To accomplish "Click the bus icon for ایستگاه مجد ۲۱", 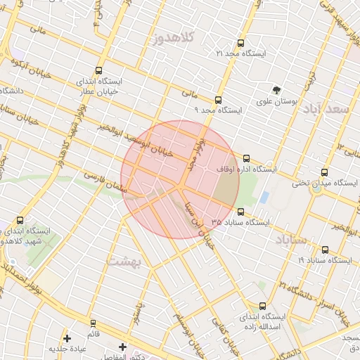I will [x=242, y=43].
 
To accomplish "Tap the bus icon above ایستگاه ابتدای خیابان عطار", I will [x=98, y=70].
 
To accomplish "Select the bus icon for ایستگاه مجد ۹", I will [x=218, y=100].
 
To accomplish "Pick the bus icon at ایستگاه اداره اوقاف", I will [x=246, y=159].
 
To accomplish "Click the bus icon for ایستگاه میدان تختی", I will [x=324, y=172].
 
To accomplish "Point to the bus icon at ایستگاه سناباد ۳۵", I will [x=241, y=211].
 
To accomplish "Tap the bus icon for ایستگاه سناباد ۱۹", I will [x=324, y=250].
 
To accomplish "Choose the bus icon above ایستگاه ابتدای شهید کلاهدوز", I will [x=20, y=221].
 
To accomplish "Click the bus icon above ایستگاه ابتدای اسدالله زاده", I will [x=263, y=306].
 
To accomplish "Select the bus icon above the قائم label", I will [x=94, y=323].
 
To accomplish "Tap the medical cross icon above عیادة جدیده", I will [x=67, y=337].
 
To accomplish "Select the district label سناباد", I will [x=289, y=240].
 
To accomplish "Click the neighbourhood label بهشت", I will [x=125, y=261].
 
